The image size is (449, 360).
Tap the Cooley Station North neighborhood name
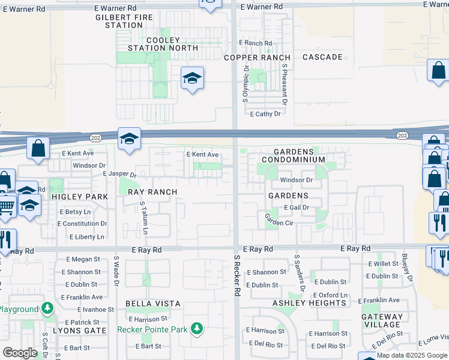click(x=163, y=44)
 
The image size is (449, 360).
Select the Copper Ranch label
click(x=257, y=58)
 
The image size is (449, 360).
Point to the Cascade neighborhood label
click(x=322, y=57)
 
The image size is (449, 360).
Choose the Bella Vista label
click(x=149, y=304)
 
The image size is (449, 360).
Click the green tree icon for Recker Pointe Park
click(x=196, y=329)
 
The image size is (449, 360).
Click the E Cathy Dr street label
click(x=265, y=113)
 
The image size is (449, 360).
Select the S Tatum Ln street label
click(x=144, y=218)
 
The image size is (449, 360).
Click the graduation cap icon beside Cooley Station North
click(x=192, y=79)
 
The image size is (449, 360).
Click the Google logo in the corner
click(x=20, y=353)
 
